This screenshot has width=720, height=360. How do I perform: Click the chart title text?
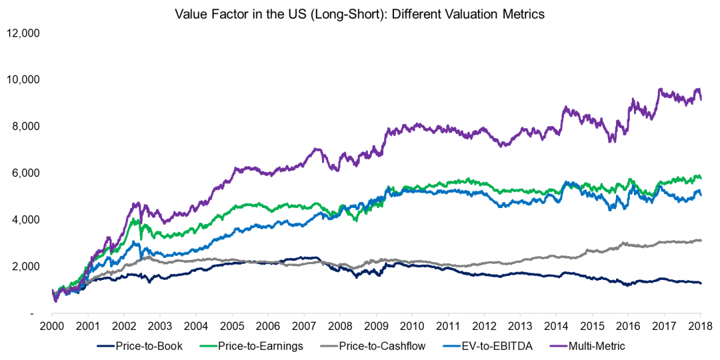(359, 14)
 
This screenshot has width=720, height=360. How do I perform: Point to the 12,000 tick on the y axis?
(23, 33)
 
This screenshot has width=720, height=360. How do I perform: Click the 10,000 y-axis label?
(23, 79)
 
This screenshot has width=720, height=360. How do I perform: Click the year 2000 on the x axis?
(52, 326)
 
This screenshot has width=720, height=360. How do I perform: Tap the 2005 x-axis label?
(232, 326)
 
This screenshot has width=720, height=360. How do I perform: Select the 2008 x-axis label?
(340, 326)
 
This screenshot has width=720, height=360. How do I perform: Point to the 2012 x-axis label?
(484, 326)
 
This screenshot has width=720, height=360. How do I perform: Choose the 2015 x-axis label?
(592, 326)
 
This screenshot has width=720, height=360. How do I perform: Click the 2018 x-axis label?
(700, 326)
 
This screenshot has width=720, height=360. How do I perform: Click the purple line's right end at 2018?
(700, 99)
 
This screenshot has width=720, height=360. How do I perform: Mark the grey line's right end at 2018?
(700, 240)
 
